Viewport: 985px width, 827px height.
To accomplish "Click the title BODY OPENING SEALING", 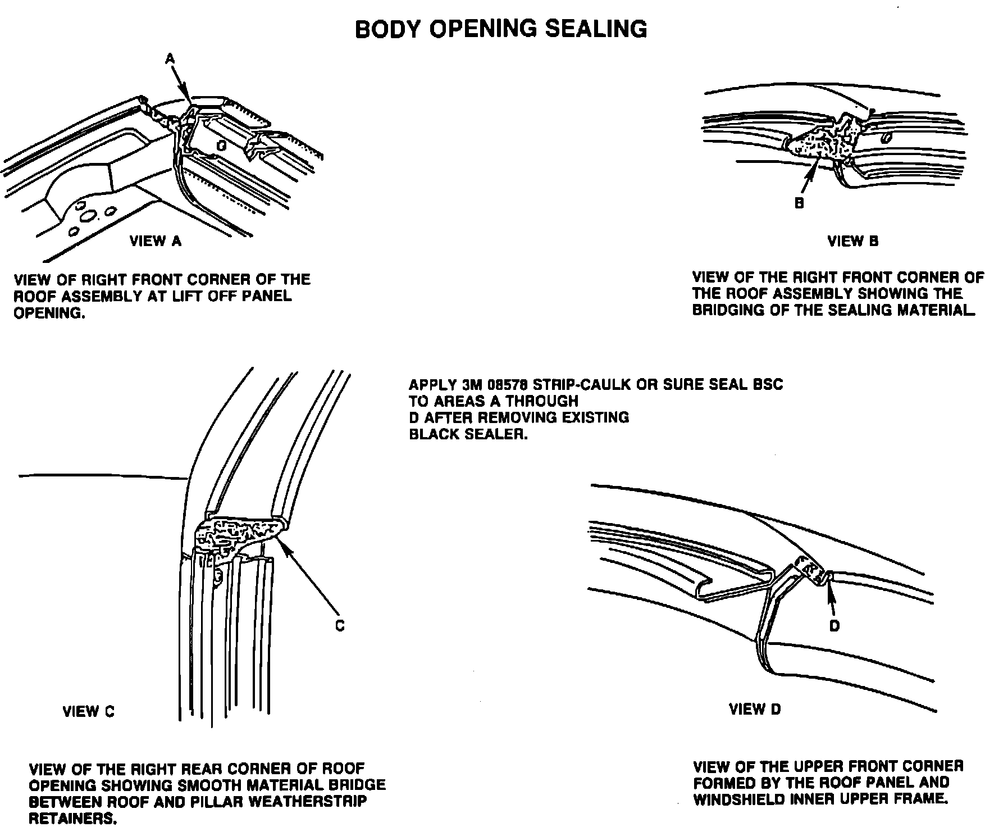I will point(501,29).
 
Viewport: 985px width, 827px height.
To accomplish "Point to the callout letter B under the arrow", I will point(799,203).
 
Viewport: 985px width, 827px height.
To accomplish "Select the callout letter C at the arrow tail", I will point(340,625).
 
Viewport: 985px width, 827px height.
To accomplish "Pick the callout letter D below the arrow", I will point(834,625).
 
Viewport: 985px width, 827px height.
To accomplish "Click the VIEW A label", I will point(156,241).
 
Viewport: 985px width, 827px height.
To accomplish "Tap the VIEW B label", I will point(852,241).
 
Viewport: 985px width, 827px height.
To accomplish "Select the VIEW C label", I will point(88,711).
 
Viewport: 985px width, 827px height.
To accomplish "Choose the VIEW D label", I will point(755,709).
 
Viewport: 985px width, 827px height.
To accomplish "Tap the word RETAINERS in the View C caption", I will point(72,819).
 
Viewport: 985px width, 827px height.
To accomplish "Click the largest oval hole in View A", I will point(88,216).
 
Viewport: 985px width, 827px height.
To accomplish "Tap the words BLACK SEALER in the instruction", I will point(468,434).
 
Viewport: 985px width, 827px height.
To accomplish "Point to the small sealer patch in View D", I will point(812,570).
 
